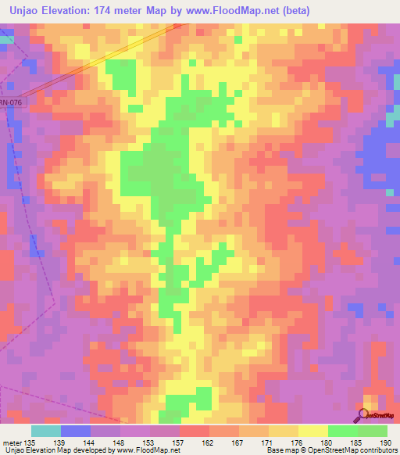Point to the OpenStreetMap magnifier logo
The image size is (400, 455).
pos(366,417)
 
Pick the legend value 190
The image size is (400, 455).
pos(386,442)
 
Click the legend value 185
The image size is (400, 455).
pos(356,442)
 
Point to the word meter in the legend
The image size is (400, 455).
pos(13,442)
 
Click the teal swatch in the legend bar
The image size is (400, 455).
pos(46,431)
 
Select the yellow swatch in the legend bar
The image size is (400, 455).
pos(312,431)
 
